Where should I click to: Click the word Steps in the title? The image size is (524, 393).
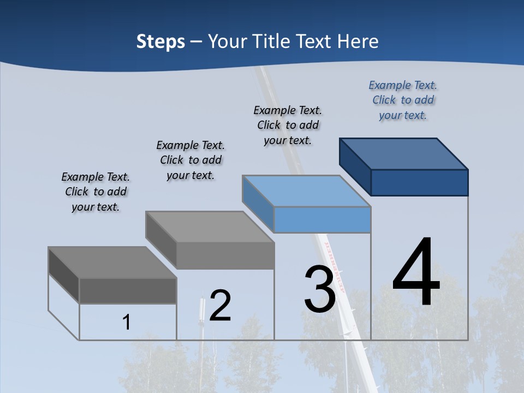(160, 41)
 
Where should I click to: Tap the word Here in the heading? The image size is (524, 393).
(358, 41)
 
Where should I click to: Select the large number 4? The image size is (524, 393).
(416, 272)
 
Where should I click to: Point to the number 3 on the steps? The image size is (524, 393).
(319, 289)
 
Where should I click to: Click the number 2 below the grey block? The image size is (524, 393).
(220, 306)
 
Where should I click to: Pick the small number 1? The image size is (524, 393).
(127, 323)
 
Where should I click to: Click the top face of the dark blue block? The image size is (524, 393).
(404, 153)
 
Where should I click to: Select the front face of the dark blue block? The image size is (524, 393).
(419, 182)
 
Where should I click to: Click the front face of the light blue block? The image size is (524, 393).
(322, 219)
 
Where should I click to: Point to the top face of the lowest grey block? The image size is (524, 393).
(112, 263)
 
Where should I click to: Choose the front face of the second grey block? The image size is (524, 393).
(225, 255)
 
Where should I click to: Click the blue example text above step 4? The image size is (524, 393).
(403, 100)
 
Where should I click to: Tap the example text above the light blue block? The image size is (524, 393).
(288, 125)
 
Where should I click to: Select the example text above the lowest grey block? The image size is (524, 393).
(96, 192)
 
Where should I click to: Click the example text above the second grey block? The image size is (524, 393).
(190, 160)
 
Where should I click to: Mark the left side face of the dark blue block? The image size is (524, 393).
(355, 166)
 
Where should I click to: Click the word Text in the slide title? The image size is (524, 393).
(315, 41)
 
